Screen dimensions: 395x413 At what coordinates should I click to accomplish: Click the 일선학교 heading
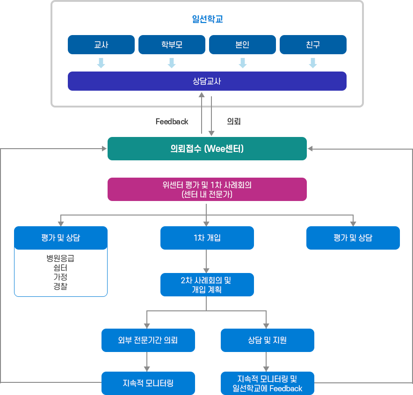coord(207,20)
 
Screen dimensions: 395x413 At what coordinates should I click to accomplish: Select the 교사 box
coord(101,45)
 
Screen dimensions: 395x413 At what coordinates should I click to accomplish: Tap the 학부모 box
coord(172,45)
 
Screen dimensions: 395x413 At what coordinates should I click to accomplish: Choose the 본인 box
coord(242,45)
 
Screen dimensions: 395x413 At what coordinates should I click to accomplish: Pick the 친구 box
coord(313,45)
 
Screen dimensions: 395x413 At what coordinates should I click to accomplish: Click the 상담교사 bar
coord(207,81)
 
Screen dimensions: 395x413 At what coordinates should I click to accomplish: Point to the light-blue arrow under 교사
coord(101,63)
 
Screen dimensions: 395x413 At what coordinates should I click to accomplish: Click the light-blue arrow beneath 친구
coord(313,63)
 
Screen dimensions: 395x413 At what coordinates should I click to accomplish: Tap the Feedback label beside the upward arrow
coord(172,122)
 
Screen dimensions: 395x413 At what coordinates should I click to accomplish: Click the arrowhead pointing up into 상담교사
coord(202,95)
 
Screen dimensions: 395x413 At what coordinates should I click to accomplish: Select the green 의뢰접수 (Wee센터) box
coord(207,149)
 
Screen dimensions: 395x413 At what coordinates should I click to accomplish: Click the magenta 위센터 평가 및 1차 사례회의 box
coord(207,189)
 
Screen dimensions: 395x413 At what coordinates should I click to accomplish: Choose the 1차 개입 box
coord(207,237)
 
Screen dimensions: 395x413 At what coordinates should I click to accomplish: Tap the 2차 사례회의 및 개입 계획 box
coord(207,285)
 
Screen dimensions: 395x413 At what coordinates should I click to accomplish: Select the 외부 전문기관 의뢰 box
coord(148,340)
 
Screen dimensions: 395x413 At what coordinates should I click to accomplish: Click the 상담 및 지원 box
coord(267,340)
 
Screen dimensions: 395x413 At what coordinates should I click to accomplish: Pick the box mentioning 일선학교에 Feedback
coord(267,383)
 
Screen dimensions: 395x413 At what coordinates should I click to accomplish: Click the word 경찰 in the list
coord(60,286)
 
